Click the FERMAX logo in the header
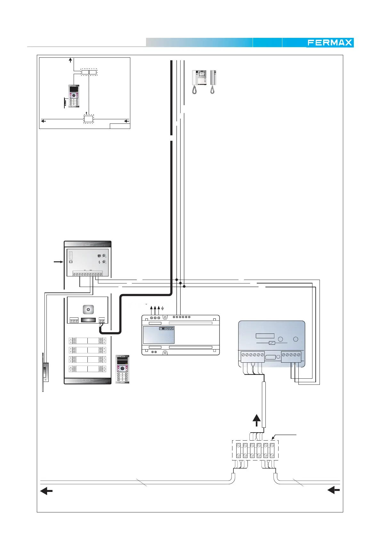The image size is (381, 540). pyautogui.click(x=330, y=43)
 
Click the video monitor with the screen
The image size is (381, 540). pyautogui.click(x=199, y=78)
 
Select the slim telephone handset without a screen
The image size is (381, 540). pyautogui.click(x=213, y=78)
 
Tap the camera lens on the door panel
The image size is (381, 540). pyautogui.click(x=88, y=309)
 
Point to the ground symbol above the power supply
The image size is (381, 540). pyautogui.click(x=163, y=308)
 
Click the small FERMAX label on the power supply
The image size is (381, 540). pyautogui.click(x=166, y=329)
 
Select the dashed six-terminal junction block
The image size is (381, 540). pyautogui.click(x=255, y=450)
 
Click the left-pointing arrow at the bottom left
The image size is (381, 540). pyautogui.click(x=46, y=491)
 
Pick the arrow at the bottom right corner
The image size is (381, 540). pyautogui.click(x=333, y=490)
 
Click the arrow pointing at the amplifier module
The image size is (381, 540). pyautogui.click(x=58, y=262)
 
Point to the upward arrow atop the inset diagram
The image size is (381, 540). pyautogui.click(x=70, y=60)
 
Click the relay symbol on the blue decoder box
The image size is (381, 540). pyautogui.click(x=272, y=343)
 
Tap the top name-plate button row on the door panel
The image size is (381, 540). pyautogui.click(x=87, y=341)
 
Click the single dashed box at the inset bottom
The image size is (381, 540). pyautogui.click(x=89, y=119)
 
